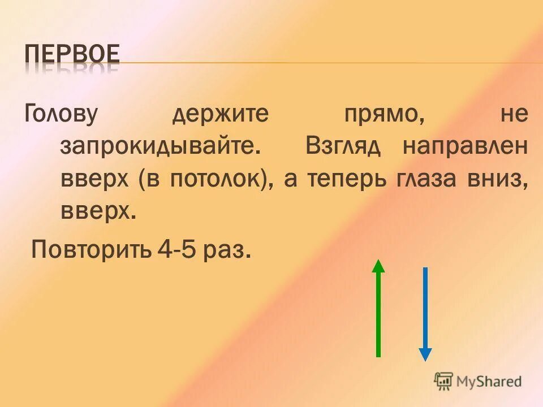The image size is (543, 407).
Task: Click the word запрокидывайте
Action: [x=161, y=148]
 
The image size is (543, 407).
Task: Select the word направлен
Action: [x=466, y=148]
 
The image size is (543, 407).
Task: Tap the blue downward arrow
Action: [x=425, y=314]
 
